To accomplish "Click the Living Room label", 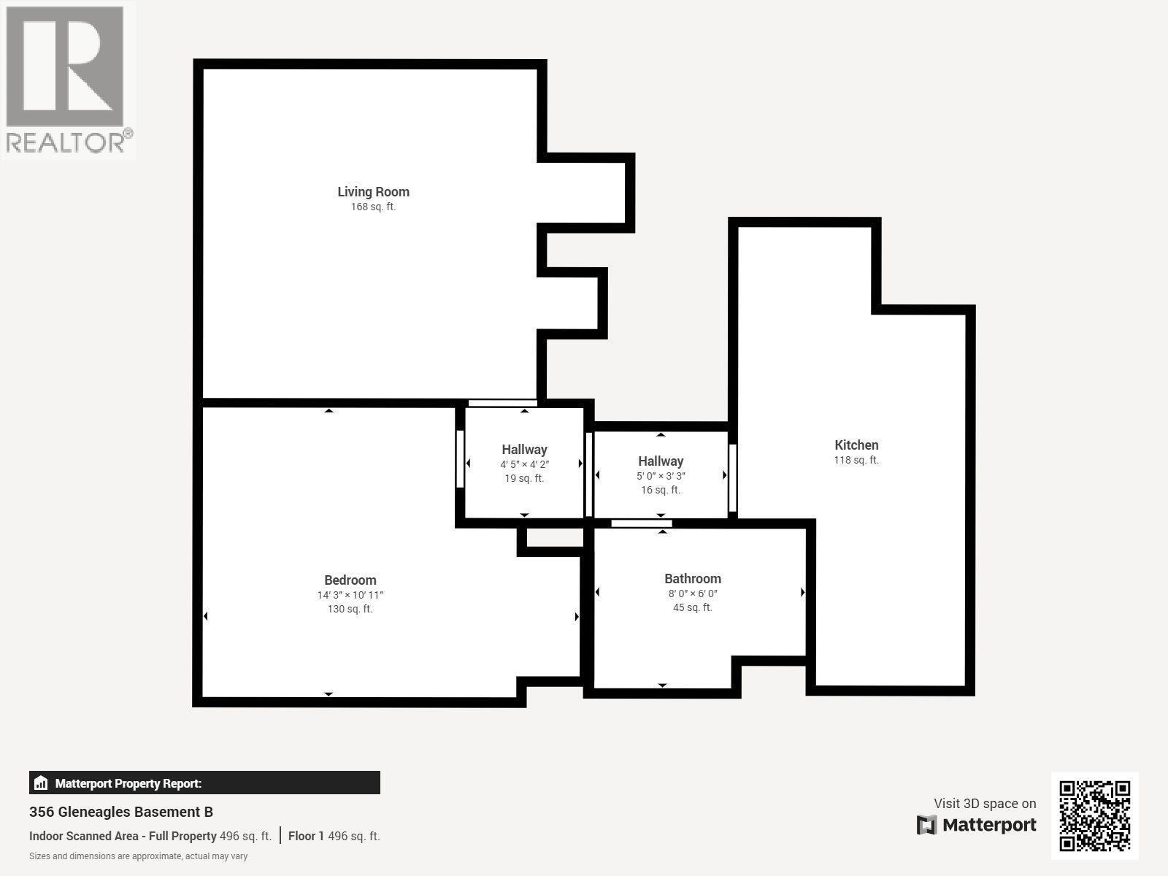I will point(373,192).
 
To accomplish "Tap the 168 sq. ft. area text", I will point(373,207).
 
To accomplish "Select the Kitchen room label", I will point(856,445).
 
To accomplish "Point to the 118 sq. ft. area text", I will point(856,461).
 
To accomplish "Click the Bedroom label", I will point(350,580).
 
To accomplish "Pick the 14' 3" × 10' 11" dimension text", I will point(350,596).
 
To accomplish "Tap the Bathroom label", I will point(693,579).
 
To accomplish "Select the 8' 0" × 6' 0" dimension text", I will point(693,594).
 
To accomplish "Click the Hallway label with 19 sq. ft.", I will point(524,450).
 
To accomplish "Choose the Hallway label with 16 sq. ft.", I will point(661,461).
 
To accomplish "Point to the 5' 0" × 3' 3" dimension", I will point(661,476).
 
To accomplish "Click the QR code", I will point(1094,815).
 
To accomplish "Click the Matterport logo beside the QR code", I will point(977,826).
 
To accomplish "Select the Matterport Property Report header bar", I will point(204,783).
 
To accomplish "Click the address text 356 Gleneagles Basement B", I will point(121,812).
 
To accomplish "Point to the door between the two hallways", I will point(589,474).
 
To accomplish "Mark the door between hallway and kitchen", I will point(732,478).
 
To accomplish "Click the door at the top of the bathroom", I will point(641,523).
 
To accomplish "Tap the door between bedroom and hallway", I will point(460,458).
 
